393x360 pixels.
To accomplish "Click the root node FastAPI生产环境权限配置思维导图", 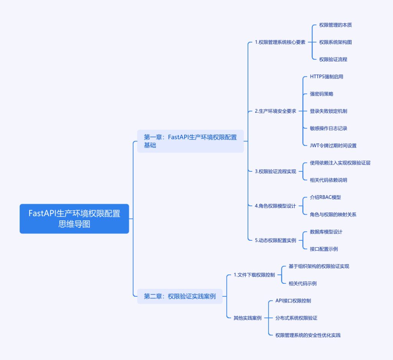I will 74,219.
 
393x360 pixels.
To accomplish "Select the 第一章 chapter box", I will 190,141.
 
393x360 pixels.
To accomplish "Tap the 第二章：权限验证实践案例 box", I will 180,296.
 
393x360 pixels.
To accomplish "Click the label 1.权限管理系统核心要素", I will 280,42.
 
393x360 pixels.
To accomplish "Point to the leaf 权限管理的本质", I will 335,25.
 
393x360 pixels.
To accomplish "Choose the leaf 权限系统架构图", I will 335,42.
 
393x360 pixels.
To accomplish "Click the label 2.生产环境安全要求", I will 275,111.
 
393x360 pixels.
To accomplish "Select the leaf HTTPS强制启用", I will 326,77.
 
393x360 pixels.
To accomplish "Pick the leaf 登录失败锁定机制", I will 328,111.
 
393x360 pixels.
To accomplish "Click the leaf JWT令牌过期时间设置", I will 333,146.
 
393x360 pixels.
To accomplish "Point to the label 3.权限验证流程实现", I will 275,171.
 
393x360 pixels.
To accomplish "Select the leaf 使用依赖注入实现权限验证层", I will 340,163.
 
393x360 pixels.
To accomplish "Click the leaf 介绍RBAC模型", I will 325,197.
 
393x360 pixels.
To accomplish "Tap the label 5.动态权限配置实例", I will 275,240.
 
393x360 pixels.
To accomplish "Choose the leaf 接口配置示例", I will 324,249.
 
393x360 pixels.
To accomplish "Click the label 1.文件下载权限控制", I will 254,275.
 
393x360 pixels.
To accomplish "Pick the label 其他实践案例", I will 248,318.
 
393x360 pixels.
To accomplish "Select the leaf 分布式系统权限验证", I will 296,318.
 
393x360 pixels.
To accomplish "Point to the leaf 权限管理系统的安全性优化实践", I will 308,335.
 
